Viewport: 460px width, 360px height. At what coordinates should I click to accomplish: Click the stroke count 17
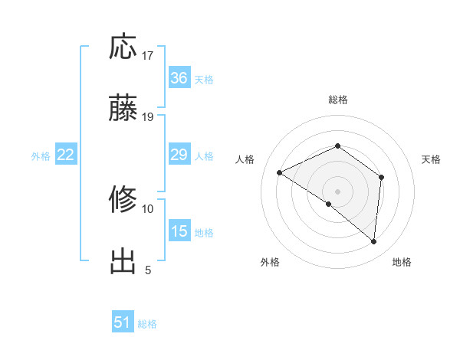coord(148,56)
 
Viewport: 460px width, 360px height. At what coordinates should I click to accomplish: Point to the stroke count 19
coord(148,117)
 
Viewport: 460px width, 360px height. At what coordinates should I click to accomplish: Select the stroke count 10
coord(148,208)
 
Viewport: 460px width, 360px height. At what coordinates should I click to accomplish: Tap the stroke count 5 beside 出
coord(148,270)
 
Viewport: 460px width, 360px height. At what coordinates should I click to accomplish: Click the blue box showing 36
coord(179,78)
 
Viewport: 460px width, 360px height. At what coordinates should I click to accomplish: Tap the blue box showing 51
coord(123,322)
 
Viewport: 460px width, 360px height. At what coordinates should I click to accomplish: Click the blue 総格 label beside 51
coord(147,324)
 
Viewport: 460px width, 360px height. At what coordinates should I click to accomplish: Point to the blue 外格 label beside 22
coord(41,156)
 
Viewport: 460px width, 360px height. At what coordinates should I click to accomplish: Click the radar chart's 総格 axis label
coord(338,100)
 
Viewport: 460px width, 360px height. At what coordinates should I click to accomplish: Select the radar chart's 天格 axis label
coord(432,159)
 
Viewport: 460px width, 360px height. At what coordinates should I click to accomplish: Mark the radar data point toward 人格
coord(280,173)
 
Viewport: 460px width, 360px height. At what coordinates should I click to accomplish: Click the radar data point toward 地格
coord(374,242)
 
